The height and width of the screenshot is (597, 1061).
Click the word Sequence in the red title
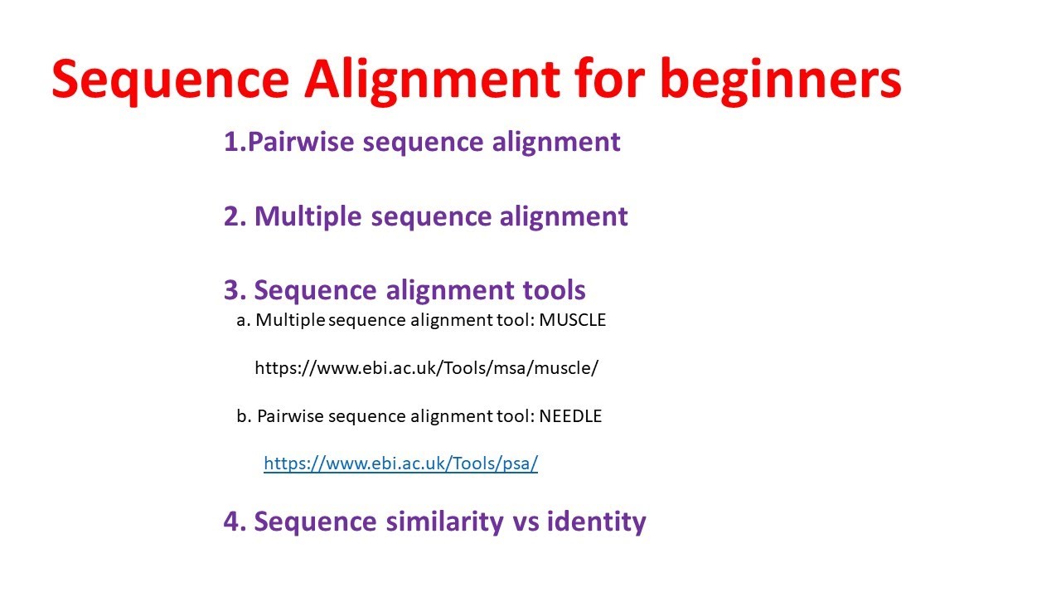tap(170, 80)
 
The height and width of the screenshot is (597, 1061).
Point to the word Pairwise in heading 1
tap(302, 142)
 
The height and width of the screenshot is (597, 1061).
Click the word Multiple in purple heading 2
tap(308, 216)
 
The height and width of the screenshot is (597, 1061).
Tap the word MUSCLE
tap(573, 321)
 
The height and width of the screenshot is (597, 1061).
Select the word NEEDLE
tap(570, 416)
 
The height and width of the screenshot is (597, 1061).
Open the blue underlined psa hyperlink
tap(400, 464)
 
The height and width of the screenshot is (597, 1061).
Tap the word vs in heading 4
tap(528, 522)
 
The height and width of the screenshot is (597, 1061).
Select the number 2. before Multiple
tap(235, 216)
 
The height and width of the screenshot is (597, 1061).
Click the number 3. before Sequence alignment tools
tap(235, 290)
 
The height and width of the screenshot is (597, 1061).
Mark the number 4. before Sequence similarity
tap(235, 522)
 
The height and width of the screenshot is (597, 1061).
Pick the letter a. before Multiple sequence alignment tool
tap(243, 321)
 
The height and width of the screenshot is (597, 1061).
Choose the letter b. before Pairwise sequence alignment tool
tap(244, 416)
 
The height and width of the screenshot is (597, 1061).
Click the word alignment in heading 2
tap(564, 216)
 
